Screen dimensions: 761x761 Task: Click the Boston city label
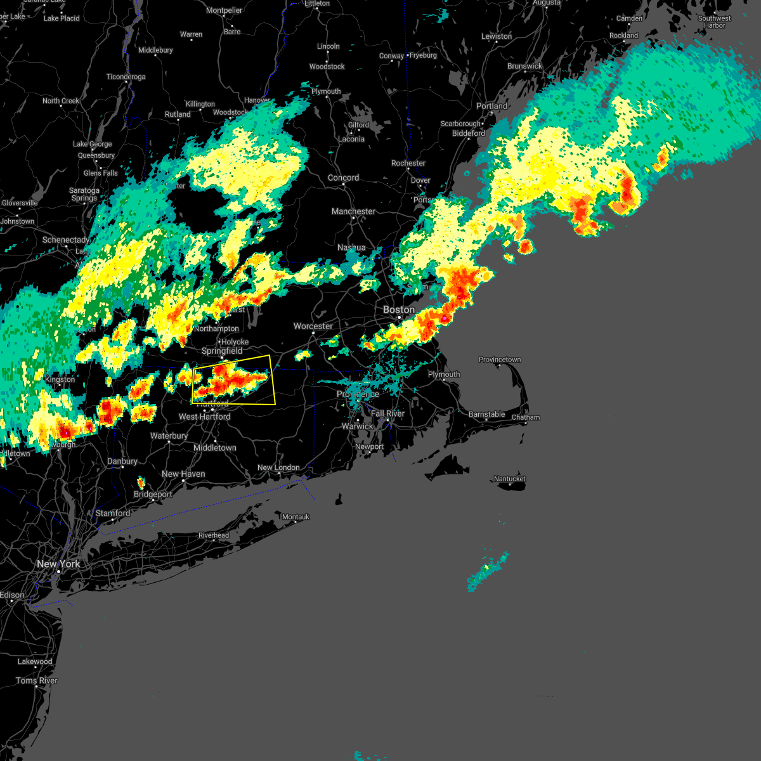coord(398,309)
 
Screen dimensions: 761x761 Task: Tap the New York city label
coord(58,564)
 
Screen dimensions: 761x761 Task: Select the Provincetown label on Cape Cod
coord(500,360)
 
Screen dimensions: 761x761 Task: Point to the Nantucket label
coord(510,479)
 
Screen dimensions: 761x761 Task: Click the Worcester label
coord(313,326)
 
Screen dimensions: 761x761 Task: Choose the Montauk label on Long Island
coord(296,517)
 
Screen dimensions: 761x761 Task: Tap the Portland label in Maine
coord(491,106)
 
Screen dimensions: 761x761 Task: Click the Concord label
coord(343,178)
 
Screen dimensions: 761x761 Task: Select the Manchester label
coord(353,211)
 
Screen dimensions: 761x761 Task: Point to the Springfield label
coord(222,351)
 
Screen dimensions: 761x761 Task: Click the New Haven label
coord(183,474)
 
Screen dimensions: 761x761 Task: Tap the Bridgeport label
coord(153,494)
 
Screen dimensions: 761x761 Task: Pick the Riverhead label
coord(214,535)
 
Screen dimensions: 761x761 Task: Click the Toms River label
coord(37,680)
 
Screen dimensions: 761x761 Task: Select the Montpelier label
coord(224,10)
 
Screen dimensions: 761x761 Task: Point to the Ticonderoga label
coord(126,77)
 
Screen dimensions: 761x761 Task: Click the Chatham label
coord(526,417)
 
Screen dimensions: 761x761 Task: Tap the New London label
coord(278,467)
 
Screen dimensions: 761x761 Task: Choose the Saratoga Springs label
coord(84,194)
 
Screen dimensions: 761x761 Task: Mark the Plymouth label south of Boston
coord(444,374)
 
